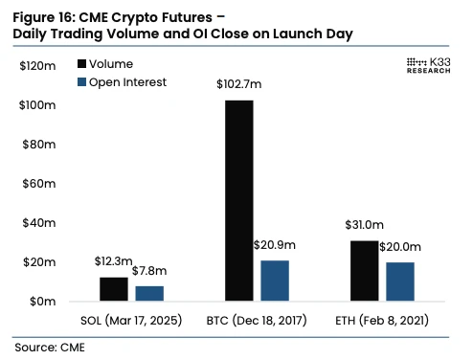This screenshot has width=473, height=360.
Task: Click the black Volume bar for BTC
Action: [x=239, y=201]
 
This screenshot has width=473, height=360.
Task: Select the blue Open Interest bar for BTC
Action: [x=275, y=281]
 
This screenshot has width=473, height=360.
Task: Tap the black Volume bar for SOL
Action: [x=113, y=289]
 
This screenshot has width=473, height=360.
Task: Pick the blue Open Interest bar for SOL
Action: [x=149, y=293]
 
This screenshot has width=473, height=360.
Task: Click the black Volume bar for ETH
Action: [x=364, y=271]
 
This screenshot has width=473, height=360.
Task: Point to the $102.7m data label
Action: [x=239, y=86]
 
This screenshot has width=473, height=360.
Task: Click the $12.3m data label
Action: [x=114, y=261]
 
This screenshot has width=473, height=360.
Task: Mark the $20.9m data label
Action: [x=274, y=245]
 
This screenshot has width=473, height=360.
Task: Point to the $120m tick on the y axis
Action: [x=37, y=66]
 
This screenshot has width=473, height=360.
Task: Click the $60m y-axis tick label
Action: [x=39, y=183]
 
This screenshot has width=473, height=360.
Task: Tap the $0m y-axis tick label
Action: [x=42, y=301]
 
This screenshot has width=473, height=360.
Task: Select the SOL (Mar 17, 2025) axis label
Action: [x=130, y=319]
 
